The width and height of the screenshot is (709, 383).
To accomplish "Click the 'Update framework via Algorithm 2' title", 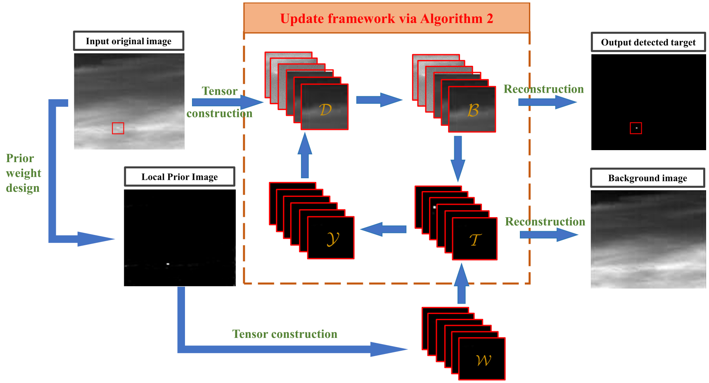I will pyautogui.click(x=387, y=19).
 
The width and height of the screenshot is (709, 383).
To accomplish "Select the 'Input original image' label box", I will pyautogui.click(x=128, y=41).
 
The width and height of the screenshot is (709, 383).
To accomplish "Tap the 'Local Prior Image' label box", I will pyautogui.click(x=180, y=177).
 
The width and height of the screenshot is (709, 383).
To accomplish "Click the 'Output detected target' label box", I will pyautogui.click(x=648, y=42).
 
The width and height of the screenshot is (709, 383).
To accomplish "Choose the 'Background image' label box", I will pyautogui.click(x=647, y=178).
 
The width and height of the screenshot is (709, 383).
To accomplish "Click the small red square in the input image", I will pyautogui.click(x=118, y=128).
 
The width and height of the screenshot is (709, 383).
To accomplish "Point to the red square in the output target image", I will pyautogui.click(x=636, y=128).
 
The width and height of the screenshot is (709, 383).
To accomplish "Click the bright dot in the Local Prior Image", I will pyautogui.click(x=168, y=263).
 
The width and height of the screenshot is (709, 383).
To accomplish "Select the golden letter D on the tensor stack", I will pyautogui.click(x=325, y=110).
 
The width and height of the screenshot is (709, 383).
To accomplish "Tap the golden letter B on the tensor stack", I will pyautogui.click(x=473, y=110).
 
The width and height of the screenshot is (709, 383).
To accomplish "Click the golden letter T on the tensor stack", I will pyautogui.click(x=475, y=239).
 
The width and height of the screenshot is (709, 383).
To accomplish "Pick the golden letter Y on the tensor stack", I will pyautogui.click(x=332, y=239).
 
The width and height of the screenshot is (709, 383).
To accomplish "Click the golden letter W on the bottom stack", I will pyautogui.click(x=483, y=360).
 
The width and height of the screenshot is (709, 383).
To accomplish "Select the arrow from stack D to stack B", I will pyautogui.click(x=379, y=100).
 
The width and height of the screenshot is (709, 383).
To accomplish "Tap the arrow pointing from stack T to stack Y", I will pyautogui.click(x=383, y=229).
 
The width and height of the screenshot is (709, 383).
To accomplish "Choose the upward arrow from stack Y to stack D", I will pyautogui.click(x=305, y=155).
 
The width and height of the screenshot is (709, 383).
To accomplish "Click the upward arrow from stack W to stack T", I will pyautogui.click(x=462, y=284).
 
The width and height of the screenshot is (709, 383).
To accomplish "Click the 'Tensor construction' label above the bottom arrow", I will pyautogui.click(x=285, y=334).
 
